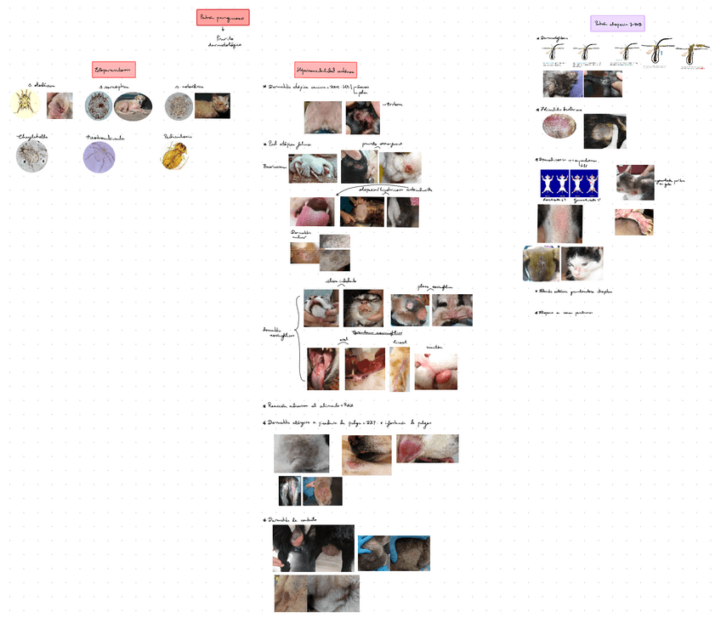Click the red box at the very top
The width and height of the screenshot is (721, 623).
click(223, 17)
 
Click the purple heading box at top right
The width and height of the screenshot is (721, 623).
click(618, 24)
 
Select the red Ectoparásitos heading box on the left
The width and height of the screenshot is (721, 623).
click(114, 70)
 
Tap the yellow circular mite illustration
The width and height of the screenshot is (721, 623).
click(26, 104)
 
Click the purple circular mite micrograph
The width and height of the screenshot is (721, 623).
click(99, 156)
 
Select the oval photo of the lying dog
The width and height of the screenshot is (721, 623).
click(133, 107)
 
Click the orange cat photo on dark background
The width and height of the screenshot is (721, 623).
click(212, 105)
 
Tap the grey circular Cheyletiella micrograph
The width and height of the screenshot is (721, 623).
click(31, 156)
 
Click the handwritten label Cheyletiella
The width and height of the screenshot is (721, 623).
click(34, 136)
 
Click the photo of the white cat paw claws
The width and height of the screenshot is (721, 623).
click(312, 168)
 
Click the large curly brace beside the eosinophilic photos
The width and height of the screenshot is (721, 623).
click(299, 337)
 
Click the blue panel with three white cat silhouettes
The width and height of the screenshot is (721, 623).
click(569, 183)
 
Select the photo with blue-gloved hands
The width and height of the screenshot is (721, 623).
click(394, 552)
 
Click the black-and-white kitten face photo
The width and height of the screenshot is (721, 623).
click(582, 263)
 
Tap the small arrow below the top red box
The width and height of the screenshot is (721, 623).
click(223, 30)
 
